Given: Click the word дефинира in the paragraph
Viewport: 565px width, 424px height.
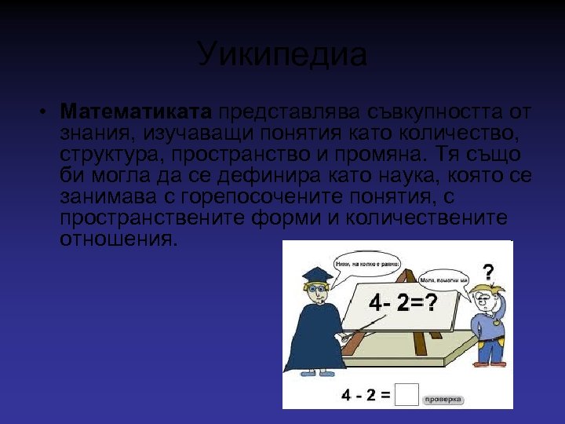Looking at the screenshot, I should coord(270,174).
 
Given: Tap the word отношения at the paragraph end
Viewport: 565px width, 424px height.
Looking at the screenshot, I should coord(118,239).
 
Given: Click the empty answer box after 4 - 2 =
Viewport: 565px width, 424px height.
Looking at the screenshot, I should coord(406,395).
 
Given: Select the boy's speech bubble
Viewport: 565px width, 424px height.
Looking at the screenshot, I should coord(443,280).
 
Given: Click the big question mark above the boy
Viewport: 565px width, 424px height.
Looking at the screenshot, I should coord(488,273).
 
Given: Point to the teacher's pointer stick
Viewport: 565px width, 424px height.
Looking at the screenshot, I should coord(361,328).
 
